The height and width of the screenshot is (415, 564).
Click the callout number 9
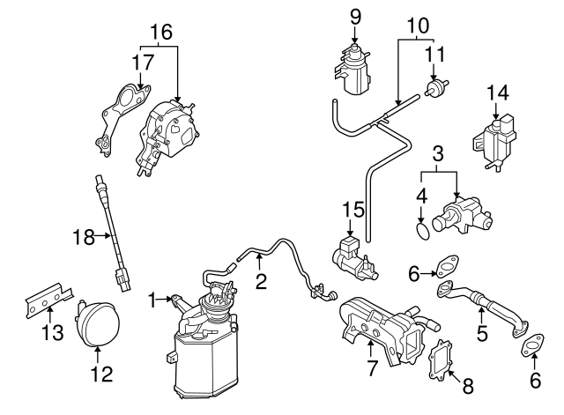(354, 15)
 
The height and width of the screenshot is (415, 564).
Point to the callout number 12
(101, 374)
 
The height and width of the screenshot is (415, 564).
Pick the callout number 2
(261, 282)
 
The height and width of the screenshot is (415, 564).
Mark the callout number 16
(160, 33)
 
